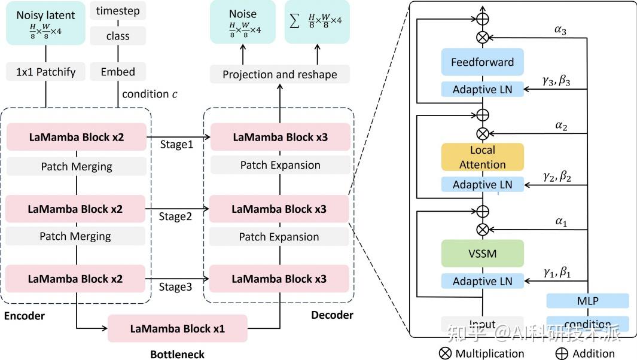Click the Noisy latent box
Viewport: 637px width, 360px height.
tap(46, 22)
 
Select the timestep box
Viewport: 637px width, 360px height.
tap(118, 11)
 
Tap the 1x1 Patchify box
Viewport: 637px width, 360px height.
tap(46, 72)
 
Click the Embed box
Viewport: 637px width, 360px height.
tap(118, 72)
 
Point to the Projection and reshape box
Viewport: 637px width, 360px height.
tap(279, 74)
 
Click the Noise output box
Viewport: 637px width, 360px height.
tap(242, 22)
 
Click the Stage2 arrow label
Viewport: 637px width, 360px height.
tap(175, 216)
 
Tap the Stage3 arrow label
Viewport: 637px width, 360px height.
tap(175, 287)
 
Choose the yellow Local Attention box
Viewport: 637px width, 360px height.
tap(482, 157)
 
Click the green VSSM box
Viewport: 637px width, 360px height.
tap(482, 254)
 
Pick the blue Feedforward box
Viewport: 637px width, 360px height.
tap(482, 62)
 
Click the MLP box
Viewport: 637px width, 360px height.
tap(587, 301)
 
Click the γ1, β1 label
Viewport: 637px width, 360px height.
tap(557, 273)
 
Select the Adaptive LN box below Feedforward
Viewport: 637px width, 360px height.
tap(482, 90)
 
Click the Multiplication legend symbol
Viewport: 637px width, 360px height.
tap(446, 353)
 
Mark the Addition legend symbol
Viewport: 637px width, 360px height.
tap(562, 353)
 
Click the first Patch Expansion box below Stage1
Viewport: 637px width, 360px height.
tap(280, 165)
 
